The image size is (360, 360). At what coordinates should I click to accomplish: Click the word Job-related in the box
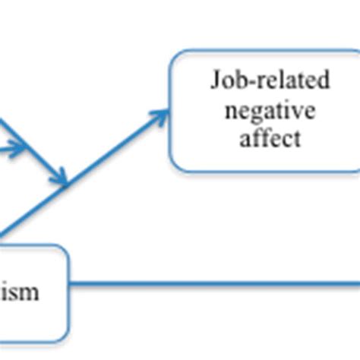click(270, 81)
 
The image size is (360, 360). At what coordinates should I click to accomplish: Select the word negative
click(270, 111)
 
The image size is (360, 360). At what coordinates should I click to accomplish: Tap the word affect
click(270, 139)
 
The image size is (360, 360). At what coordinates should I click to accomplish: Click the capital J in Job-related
click(216, 81)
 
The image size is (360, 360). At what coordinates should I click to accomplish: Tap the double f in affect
click(264, 138)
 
